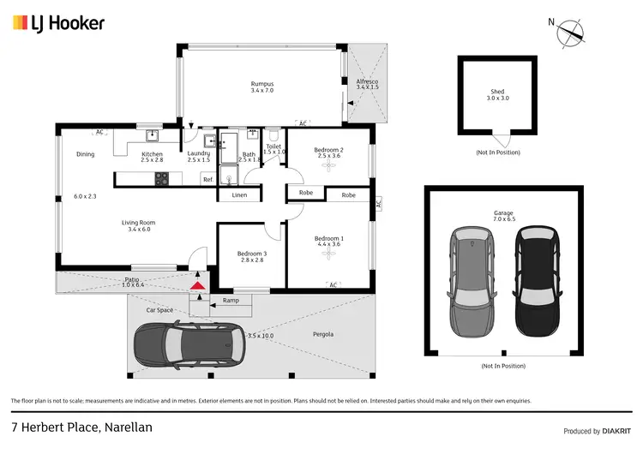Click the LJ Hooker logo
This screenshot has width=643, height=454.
(58, 23)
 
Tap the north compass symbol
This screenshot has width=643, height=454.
(570, 33)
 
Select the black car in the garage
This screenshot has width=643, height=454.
(536, 280)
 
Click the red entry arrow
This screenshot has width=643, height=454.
(198, 285)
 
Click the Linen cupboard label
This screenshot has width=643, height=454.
(239, 195)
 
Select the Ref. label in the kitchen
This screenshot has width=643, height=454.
(207, 178)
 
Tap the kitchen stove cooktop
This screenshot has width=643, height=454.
(161, 178)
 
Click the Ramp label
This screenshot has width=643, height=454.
(231, 301)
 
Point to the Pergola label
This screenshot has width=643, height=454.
(322, 333)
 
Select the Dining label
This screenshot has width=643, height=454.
(85, 154)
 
